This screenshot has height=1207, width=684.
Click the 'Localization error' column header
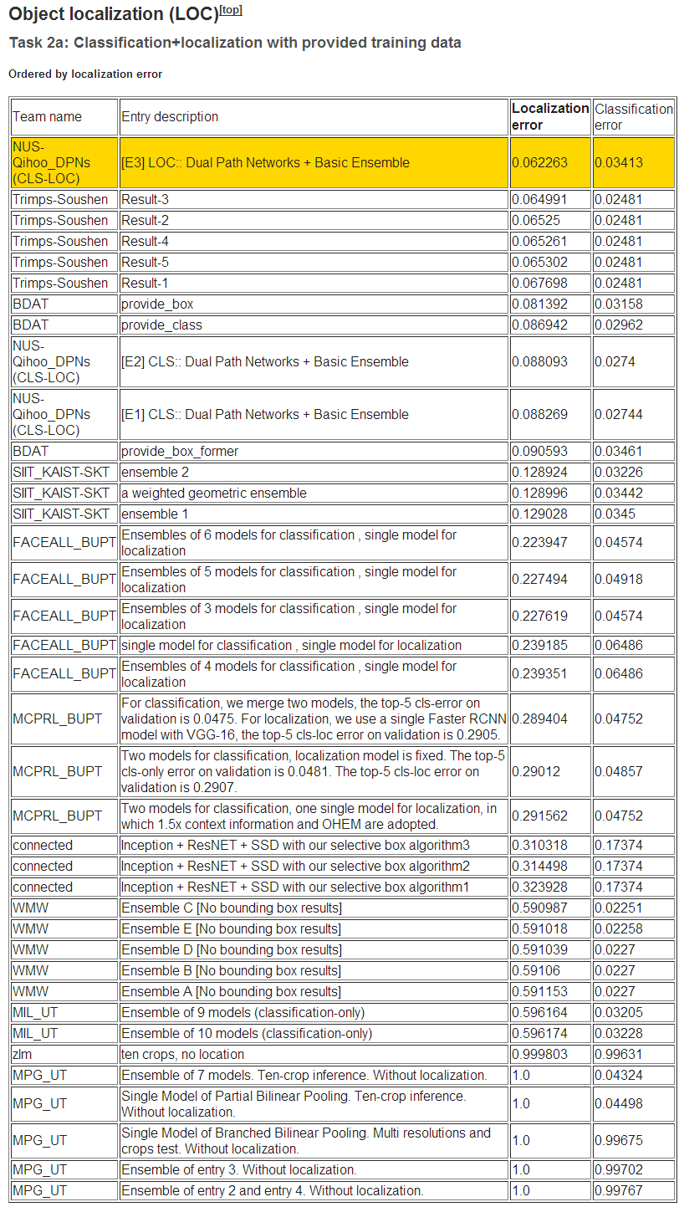pyautogui.click(x=549, y=116)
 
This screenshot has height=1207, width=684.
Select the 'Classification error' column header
pyautogui.click(x=633, y=116)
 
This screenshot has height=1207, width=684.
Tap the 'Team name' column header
pyautogui.click(x=47, y=116)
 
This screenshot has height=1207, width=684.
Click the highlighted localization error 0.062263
pyautogui.click(x=539, y=162)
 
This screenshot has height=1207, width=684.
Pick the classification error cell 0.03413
pyautogui.click(x=619, y=162)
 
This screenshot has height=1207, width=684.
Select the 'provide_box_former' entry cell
pyautogui.click(x=179, y=451)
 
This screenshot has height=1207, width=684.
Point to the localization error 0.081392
pyautogui.click(x=539, y=304)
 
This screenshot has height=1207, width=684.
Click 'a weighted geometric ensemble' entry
pyautogui.click(x=214, y=493)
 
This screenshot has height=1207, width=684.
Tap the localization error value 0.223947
pyautogui.click(x=539, y=542)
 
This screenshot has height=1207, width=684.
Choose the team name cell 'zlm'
pyautogui.click(x=23, y=1054)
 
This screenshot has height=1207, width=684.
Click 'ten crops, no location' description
pyautogui.click(x=182, y=1054)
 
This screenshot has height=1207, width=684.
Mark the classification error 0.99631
pyautogui.click(x=619, y=1054)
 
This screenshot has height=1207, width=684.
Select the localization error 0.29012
pyautogui.click(x=536, y=771)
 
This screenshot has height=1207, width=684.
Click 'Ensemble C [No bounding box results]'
pyautogui.click(x=231, y=908)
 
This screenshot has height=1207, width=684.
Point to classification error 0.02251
pyautogui.click(x=619, y=908)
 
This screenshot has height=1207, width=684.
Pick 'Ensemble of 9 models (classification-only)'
pyautogui.click(x=242, y=1012)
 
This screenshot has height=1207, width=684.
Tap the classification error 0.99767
pyautogui.click(x=619, y=1190)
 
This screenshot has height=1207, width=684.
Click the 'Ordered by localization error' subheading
pyautogui.click(x=85, y=74)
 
